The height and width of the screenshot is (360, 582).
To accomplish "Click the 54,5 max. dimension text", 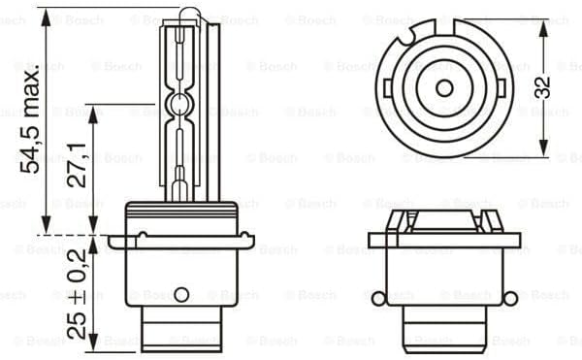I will (30, 121).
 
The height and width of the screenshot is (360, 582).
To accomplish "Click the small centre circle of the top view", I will (443, 87).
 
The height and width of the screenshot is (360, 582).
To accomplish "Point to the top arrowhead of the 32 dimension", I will (542, 23).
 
